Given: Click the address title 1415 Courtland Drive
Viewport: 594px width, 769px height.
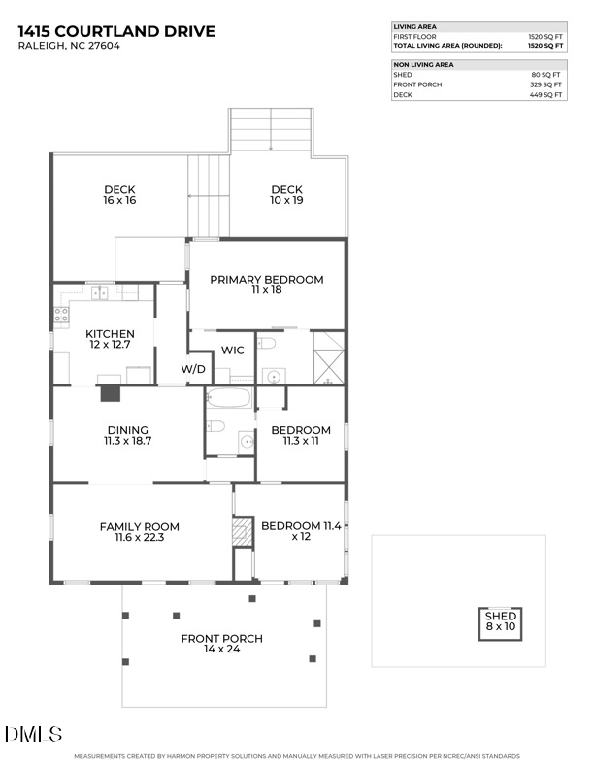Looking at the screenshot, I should click(116, 32).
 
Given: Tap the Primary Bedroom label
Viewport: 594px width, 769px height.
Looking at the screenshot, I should click(266, 285).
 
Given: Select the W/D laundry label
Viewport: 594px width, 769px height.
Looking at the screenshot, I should click(194, 370).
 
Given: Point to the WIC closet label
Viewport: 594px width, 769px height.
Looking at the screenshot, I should click(232, 351).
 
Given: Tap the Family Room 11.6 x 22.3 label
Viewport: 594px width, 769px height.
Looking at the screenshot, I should click(139, 533).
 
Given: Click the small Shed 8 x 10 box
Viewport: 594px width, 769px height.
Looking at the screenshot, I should click(501, 621).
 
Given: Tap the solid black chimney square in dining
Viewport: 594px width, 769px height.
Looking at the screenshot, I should click(111, 393).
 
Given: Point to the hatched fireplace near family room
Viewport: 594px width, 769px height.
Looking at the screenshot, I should click(242, 532).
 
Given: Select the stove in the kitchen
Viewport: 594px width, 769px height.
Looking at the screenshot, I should click(61, 315).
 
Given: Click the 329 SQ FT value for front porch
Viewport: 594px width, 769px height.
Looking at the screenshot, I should click(545, 84).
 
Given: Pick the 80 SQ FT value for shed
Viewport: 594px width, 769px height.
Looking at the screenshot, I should click(548, 74).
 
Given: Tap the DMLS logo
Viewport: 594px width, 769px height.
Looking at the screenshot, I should click(34, 734).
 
